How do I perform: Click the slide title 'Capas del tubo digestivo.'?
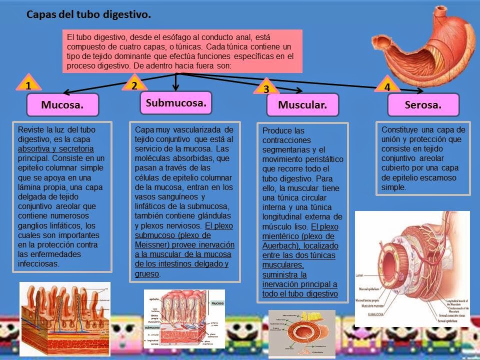(x=88, y=15)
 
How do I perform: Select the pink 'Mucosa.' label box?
(x=62, y=105)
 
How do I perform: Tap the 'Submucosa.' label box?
(x=176, y=103)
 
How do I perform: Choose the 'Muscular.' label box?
(x=302, y=105)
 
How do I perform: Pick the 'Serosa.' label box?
(x=423, y=105)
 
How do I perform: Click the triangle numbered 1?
(x=29, y=84)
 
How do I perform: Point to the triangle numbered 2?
(x=134, y=84)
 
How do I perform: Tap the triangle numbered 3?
(x=266, y=88)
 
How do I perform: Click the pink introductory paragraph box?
(x=182, y=51)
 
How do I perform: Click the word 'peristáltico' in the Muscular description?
(x=321, y=159)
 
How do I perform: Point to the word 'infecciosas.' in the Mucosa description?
(x=38, y=263)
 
